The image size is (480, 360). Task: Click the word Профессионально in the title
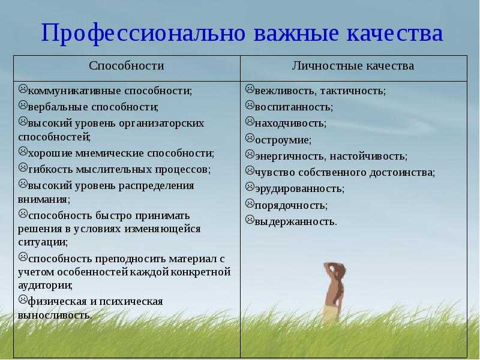[143, 34]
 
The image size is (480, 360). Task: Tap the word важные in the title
[296, 33]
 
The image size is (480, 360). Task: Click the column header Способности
[127, 66]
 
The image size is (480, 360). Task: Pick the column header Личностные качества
[353, 66]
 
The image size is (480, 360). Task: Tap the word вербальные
[58, 107]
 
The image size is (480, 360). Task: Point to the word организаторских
[161, 124]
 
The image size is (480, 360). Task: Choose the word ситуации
[43, 242]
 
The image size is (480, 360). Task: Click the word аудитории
[46, 286]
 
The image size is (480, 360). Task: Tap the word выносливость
[55, 316]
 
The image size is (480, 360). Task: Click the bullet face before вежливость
[250, 89]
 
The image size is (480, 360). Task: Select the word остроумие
[283, 140]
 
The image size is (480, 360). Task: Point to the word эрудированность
[299, 188]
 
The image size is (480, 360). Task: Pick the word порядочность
[291, 205]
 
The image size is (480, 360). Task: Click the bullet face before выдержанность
[250, 220]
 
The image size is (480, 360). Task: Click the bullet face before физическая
[23, 299]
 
